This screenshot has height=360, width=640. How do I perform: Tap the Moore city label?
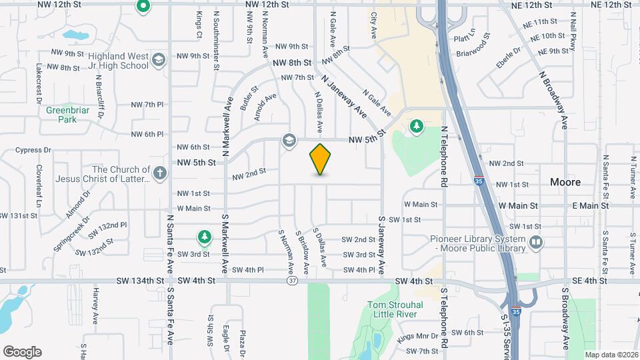[565, 182]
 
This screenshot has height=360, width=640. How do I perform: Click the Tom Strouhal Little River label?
[393, 309]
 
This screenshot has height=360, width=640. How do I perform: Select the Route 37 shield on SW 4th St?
[293, 281]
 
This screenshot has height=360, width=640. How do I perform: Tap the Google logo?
[22, 351]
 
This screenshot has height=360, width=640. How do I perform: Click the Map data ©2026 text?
[611, 355]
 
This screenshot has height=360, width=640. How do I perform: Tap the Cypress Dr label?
[33, 151]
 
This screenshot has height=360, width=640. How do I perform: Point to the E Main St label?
[590, 206]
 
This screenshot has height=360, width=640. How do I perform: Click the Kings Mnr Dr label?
[417, 336]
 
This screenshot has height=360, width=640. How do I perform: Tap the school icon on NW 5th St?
[289, 140]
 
